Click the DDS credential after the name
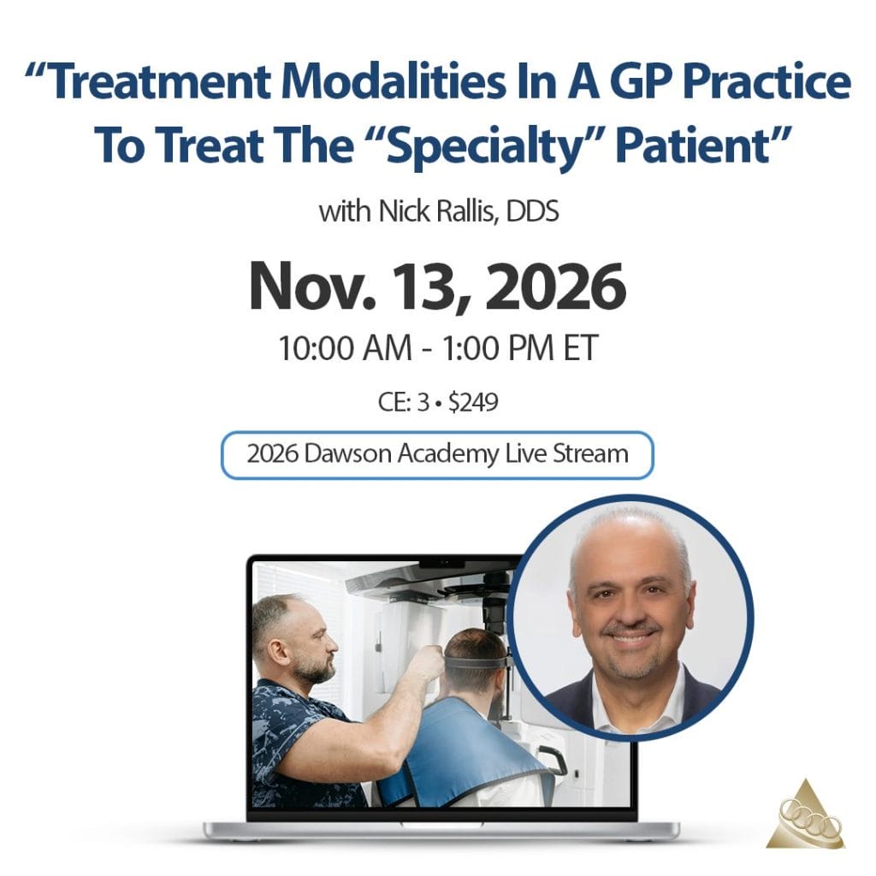pyautogui.click(x=532, y=212)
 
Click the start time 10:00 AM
pyautogui.click(x=345, y=347)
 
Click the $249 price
pyautogui.click(x=472, y=402)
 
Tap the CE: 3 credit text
pyautogui.click(x=403, y=402)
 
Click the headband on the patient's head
pyautogui.click(x=475, y=663)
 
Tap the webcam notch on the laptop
pyautogui.click(x=442, y=563)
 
